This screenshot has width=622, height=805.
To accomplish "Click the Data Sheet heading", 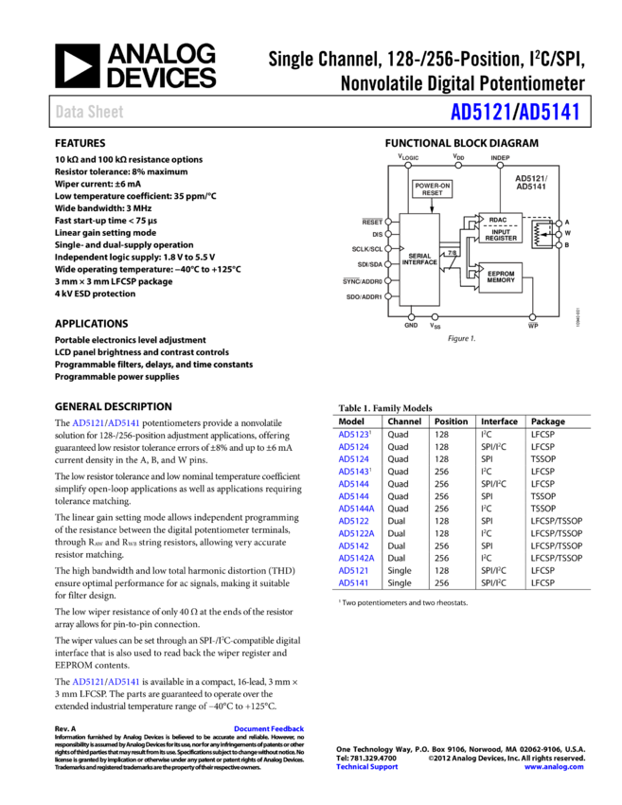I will [89, 112].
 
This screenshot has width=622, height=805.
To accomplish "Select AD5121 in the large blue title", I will [481, 113].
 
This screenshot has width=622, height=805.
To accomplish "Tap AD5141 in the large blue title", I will [549, 113].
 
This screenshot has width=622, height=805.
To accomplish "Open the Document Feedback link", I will [269, 729].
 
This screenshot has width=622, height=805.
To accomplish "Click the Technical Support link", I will [366, 767].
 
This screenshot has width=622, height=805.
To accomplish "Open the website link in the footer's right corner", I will [553, 767].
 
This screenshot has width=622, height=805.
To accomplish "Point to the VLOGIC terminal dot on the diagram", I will [408, 165].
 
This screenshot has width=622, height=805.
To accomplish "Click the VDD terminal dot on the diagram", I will [458, 165].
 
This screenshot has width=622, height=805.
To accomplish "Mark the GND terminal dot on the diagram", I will [411, 317].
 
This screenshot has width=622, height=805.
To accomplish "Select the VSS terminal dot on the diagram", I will [435, 317].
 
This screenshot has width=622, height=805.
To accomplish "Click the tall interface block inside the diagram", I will [419, 259].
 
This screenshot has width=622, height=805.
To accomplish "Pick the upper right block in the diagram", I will [500, 228].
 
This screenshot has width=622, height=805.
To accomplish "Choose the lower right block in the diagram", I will [500, 277].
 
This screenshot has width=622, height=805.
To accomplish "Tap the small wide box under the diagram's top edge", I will [433, 190].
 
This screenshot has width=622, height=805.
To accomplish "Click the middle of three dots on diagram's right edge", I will [559, 234].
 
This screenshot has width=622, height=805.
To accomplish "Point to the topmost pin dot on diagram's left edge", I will [388, 222].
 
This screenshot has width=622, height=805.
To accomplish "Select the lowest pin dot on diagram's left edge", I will [388, 296].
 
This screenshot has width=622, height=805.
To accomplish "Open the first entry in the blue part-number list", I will [353, 435].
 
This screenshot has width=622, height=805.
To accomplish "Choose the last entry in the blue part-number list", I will [353, 583].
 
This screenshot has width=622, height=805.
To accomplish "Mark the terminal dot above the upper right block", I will [500, 165].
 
